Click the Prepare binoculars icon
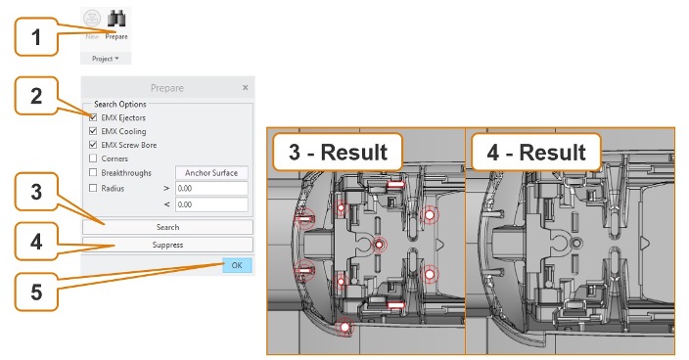116,19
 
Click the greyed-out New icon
92,19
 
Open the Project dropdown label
106,59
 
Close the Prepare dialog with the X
246,88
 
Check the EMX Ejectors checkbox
93,117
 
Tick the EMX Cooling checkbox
93,131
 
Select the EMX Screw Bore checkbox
93,145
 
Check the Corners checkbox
93,158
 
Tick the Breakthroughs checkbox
93,172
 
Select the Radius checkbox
93,189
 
